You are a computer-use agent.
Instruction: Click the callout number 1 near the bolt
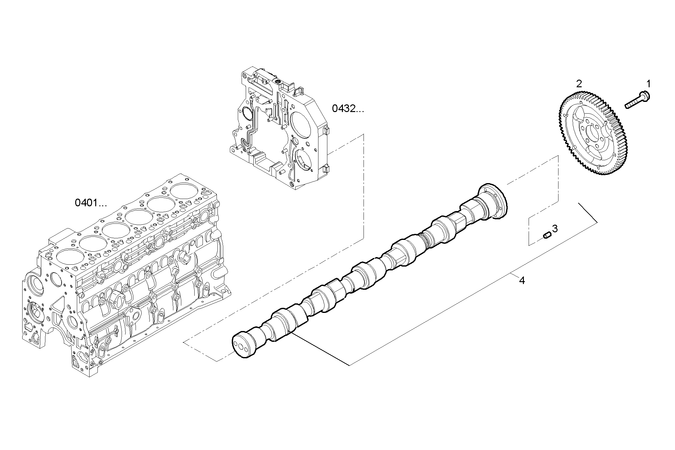pos(649,84)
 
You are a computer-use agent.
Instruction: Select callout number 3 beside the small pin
pos(555,228)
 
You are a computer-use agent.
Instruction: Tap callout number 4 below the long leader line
pos(522,280)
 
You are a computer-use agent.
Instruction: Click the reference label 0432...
pos(348,109)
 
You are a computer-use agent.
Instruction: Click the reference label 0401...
pos(90,202)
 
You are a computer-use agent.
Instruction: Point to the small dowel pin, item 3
pos(546,235)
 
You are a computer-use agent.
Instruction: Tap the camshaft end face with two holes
pos(243,347)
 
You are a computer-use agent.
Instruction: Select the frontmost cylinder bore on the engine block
pos(69,258)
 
